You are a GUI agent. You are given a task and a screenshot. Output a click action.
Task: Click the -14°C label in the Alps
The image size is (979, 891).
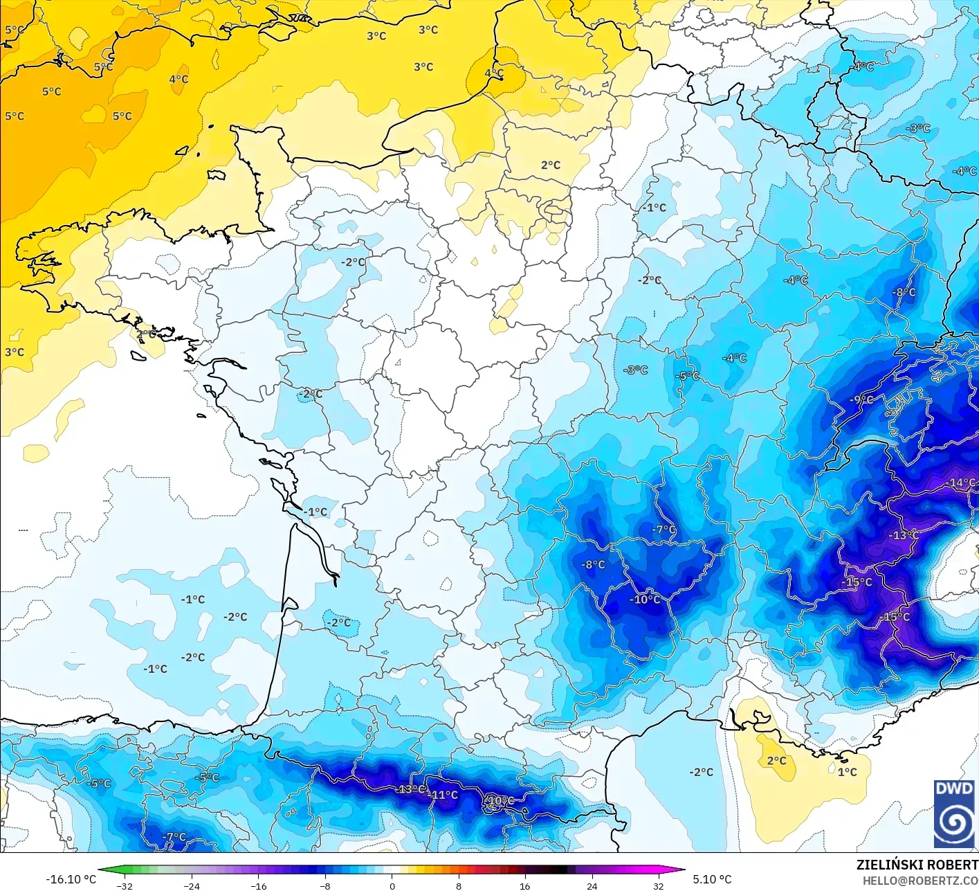click(962, 483)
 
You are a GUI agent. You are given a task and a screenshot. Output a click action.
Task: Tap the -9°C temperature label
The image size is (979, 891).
click(862, 399)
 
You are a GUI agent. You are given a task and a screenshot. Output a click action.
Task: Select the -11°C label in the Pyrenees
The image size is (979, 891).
click(444, 795)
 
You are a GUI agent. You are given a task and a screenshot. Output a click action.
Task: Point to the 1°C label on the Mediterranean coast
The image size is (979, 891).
click(847, 772)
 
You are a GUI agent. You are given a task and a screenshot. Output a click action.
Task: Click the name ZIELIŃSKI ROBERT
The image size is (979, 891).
click(917, 865)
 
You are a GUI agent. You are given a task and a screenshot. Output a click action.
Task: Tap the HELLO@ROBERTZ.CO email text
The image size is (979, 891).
click(920, 880)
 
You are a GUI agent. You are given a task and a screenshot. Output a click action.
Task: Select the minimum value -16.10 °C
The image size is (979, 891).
click(71, 879)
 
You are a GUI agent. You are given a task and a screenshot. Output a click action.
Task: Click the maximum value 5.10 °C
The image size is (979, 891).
click(712, 879)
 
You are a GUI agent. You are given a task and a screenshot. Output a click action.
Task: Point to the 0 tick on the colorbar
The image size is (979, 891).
click(392, 885)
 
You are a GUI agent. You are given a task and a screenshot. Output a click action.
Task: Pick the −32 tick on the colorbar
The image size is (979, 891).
click(125, 885)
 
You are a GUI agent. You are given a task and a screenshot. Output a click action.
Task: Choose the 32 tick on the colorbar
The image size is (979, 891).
click(658, 885)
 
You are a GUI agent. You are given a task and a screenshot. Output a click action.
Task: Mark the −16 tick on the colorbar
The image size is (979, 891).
click(258, 885)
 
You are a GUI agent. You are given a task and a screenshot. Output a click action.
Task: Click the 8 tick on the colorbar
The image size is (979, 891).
click(458, 885)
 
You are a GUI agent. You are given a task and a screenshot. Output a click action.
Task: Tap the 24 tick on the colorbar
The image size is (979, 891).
click(592, 885)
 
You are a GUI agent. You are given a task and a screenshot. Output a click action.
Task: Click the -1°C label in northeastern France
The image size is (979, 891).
click(654, 208)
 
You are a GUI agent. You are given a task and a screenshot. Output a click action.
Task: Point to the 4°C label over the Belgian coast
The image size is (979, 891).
click(494, 73)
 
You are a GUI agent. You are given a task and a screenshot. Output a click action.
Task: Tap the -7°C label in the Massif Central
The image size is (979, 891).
click(664, 530)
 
